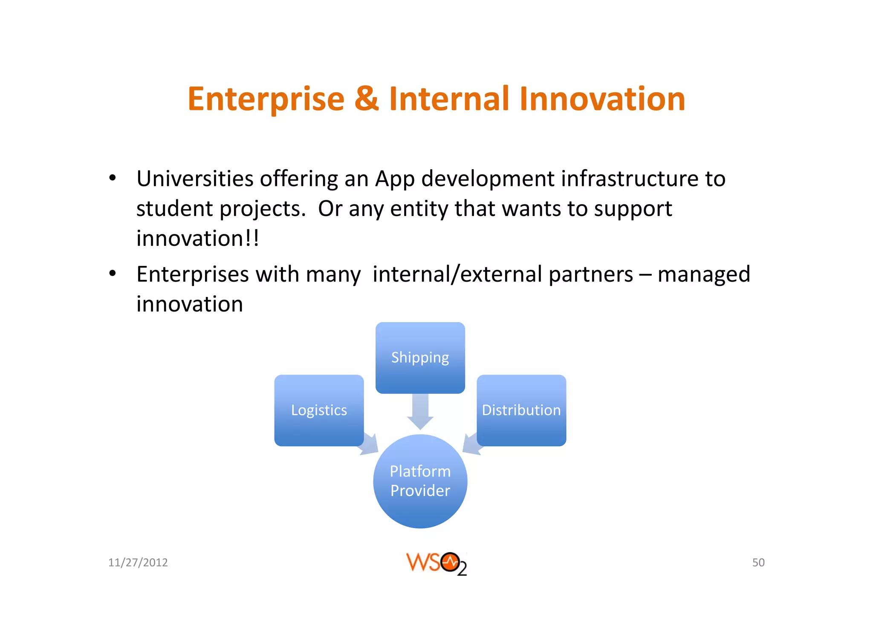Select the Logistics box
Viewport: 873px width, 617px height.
pos(319,410)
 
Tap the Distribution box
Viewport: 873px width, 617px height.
pos(521,410)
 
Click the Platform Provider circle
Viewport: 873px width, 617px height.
pos(420,481)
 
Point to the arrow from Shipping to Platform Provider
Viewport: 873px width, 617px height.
pos(420,411)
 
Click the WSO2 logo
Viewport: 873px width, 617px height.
pos(436,563)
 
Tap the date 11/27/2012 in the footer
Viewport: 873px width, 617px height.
pos(138,562)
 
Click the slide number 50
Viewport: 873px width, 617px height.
pos(758,562)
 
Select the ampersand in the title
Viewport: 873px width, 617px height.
pos(366,99)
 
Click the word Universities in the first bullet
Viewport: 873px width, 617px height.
pos(195,179)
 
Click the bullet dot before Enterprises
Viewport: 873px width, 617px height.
pos(112,274)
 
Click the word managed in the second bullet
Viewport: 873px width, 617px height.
pos(703,274)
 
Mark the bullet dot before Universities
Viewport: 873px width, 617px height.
pos(112,178)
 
